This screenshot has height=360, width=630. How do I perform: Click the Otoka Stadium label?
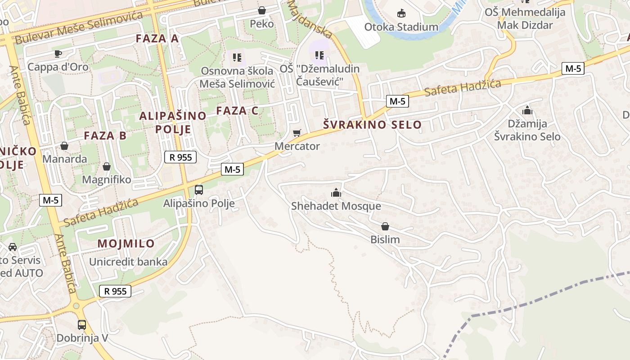pyautogui.click(x=401, y=27)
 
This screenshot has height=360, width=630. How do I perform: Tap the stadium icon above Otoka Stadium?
pyautogui.click(x=401, y=13)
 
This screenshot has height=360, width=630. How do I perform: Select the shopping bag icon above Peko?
pyautogui.click(x=262, y=10)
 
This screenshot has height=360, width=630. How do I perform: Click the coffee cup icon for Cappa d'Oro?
pyautogui.click(x=58, y=54)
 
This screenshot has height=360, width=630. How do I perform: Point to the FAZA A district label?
pyautogui.click(x=157, y=39)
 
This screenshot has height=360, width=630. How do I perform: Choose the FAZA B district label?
pyautogui.click(x=105, y=135)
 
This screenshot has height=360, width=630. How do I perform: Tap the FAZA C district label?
pyautogui.click(x=237, y=111)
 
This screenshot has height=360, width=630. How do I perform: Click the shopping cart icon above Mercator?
pyautogui.click(x=297, y=133)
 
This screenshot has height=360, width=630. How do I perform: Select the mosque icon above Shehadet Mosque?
pyautogui.click(x=336, y=193)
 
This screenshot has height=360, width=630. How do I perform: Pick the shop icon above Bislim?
pyautogui.click(x=385, y=226)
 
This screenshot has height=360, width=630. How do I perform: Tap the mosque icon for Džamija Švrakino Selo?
pyautogui.click(x=527, y=110)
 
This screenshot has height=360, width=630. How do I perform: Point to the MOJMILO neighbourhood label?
pyautogui.click(x=126, y=244)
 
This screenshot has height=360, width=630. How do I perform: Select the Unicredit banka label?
pyautogui.click(x=128, y=262)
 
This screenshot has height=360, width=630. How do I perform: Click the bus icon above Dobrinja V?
pyautogui.click(x=82, y=324)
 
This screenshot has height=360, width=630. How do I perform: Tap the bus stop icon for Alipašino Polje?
pyautogui.click(x=199, y=190)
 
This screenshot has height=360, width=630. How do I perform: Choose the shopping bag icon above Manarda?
pyautogui.click(x=64, y=146)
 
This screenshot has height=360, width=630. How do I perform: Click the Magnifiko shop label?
pyautogui.click(x=107, y=180)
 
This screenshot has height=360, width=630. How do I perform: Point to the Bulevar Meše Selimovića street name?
pyautogui.click(x=79, y=28)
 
